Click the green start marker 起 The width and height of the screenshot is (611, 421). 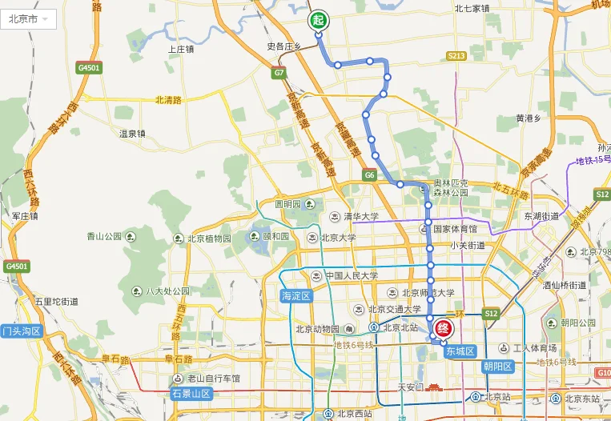click(318, 19)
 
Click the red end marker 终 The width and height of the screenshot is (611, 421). click(443, 328)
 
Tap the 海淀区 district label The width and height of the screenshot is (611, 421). click(295, 295)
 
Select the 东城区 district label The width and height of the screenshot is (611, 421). click(460, 351)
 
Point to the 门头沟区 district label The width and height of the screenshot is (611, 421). click(22, 331)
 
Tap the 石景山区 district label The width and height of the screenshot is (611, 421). click(191, 393)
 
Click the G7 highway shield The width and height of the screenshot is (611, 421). click(279, 73)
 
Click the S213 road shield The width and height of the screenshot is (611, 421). click(456, 55)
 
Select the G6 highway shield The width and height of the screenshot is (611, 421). click(369, 174)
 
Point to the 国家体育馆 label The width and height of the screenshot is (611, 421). click(454, 228)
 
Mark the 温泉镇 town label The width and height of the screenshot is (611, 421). click(132, 133)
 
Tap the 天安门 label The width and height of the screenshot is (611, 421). click(414, 387)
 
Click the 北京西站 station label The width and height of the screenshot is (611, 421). click(353, 414)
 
